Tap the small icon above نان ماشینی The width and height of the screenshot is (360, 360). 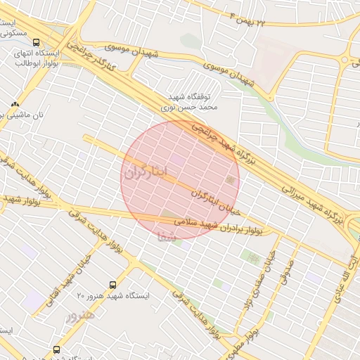click(15, 103)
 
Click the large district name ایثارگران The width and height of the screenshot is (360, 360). click(147, 171)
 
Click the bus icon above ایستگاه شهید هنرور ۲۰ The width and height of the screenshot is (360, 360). click(112, 285)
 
